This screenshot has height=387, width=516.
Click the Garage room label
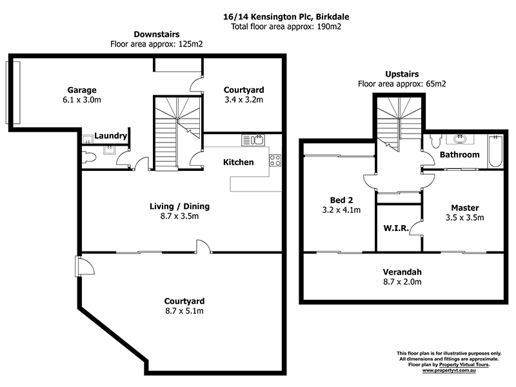click(x=82, y=90)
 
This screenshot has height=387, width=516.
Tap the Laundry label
click(x=110, y=136)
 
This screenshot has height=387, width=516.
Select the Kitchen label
click(x=238, y=162)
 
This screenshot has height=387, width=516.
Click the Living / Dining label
click(x=179, y=206)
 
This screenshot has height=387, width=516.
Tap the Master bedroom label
click(x=464, y=207)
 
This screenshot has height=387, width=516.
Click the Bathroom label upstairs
click(x=459, y=155)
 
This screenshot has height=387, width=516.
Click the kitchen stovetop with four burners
click(x=275, y=160)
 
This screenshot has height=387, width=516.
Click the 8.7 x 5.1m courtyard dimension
click(x=184, y=312)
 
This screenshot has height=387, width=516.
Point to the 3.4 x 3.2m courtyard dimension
click(x=243, y=100)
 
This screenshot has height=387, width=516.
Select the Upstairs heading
click(x=402, y=75)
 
